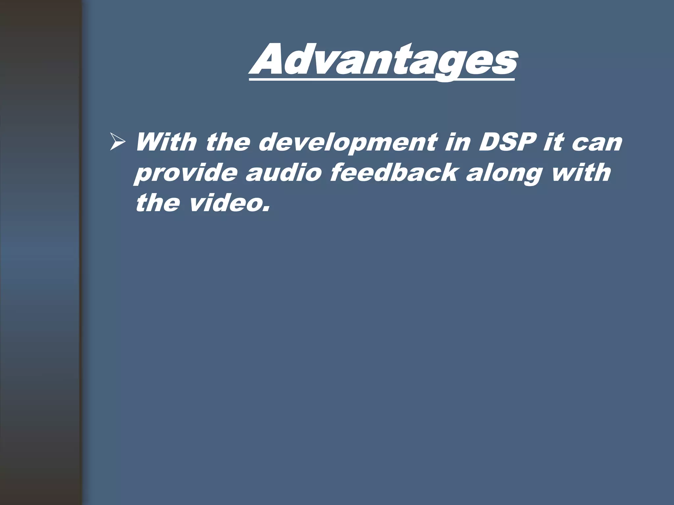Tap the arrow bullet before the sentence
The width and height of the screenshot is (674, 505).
(117, 143)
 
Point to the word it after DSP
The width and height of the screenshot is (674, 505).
(553, 142)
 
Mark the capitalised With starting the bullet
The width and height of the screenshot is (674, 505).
(166, 142)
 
